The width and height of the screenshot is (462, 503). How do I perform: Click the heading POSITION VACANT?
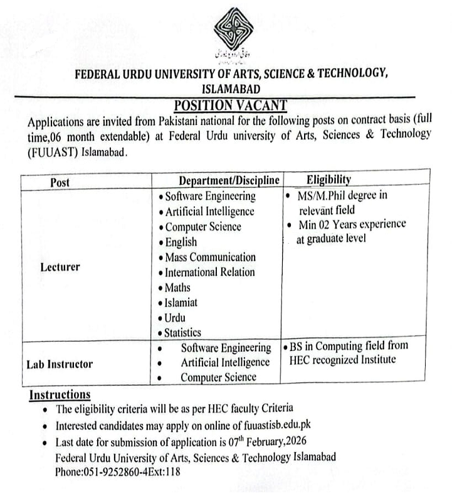click(231, 104)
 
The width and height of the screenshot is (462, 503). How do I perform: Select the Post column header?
click(60, 183)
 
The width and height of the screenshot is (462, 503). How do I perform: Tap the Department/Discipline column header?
click(229, 181)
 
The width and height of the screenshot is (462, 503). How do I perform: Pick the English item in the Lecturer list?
click(181, 242)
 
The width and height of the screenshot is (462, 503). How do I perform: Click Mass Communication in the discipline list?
click(210, 257)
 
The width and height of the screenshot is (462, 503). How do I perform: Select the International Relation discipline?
click(209, 272)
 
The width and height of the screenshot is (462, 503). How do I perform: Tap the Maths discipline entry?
click(177, 288)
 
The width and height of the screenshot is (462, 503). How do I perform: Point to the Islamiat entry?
click(181, 303)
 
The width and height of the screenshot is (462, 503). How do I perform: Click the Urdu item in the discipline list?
click(175, 318)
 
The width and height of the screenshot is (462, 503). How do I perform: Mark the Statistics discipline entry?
click(182, 333)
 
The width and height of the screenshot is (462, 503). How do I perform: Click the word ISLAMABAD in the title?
click(231, 89)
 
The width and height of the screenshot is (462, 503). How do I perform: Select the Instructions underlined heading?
click(60, 395)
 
